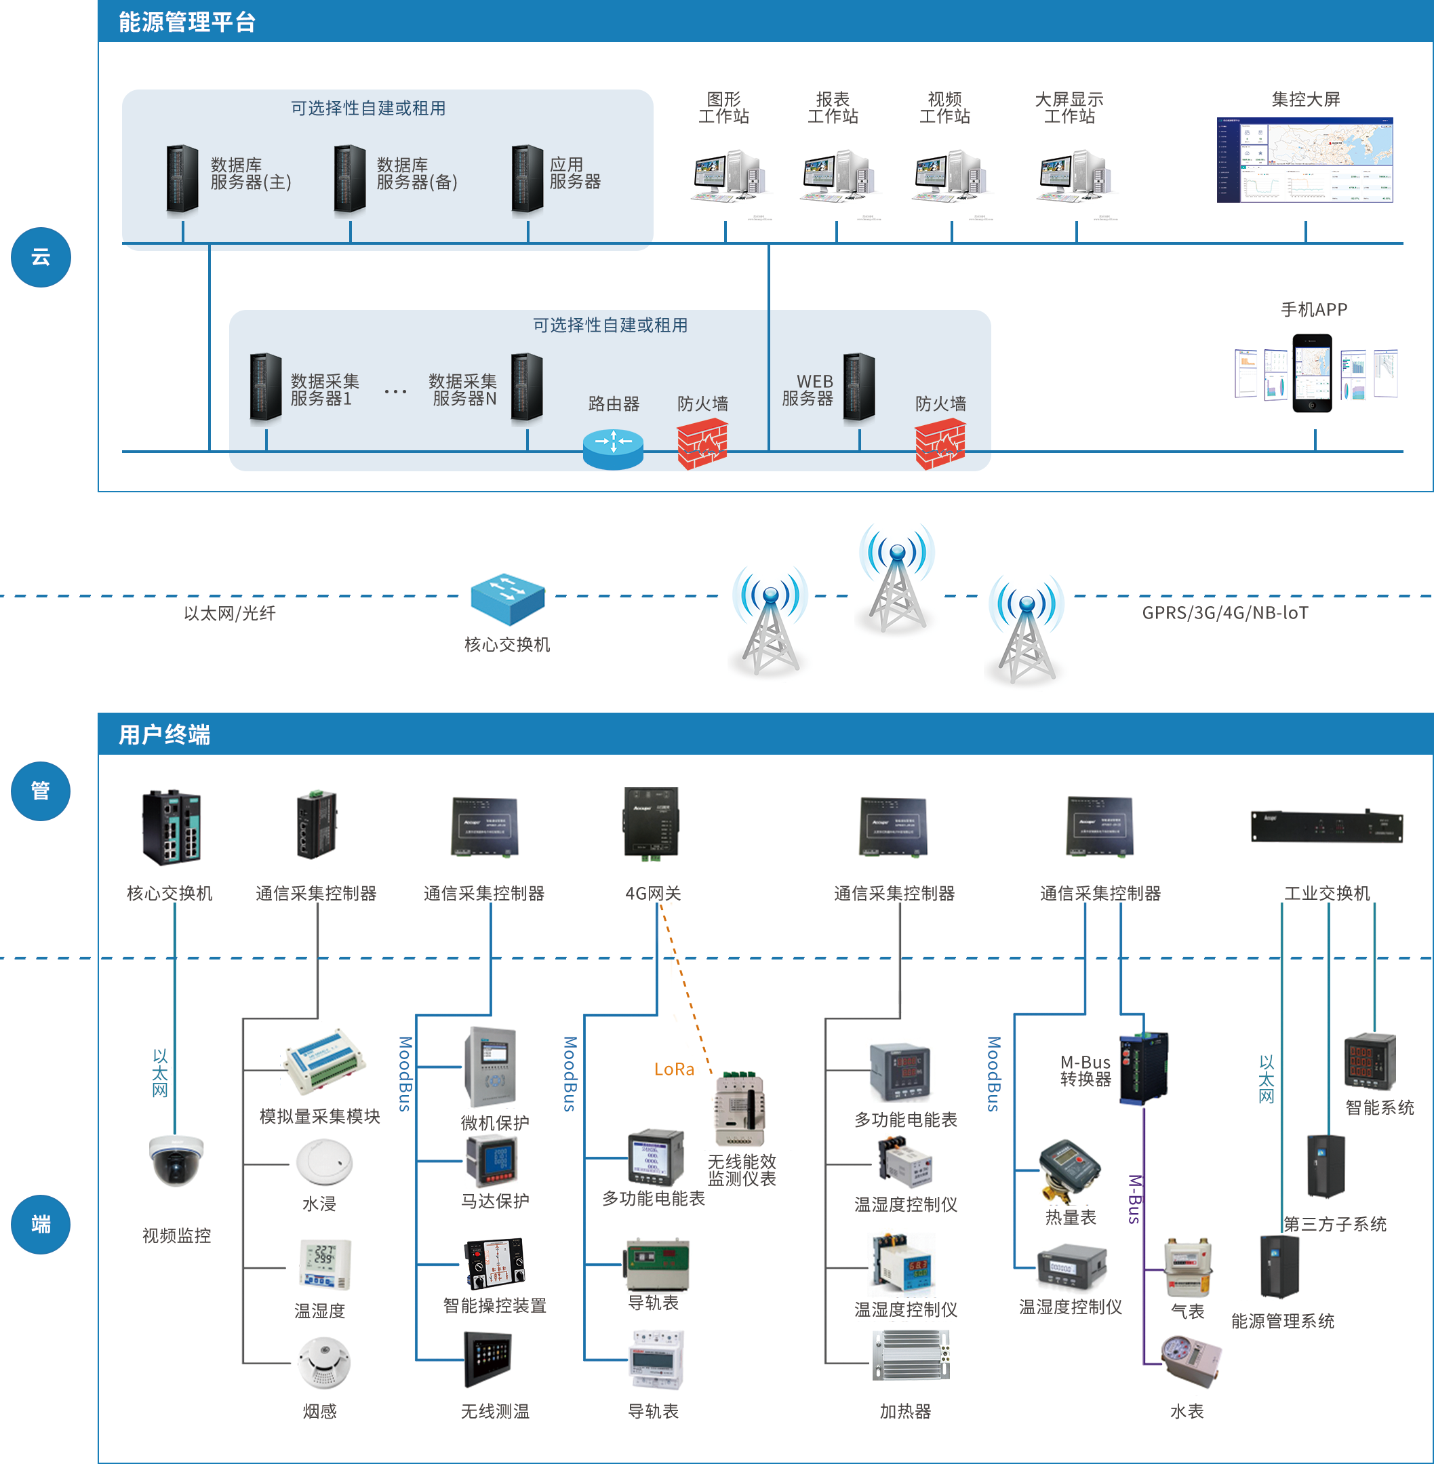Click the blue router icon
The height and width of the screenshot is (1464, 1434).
(613, 449)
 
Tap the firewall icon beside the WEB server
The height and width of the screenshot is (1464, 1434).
(939, 444)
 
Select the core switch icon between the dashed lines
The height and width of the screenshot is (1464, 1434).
(508, 599)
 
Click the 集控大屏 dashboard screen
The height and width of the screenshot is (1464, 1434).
(1304, 159)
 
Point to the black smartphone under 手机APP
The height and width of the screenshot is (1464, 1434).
(1312, 374)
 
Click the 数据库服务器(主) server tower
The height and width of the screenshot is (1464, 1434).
(182, 179)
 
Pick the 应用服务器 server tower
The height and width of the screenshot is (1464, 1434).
(527, 179)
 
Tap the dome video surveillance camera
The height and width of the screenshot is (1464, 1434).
(176, 1160)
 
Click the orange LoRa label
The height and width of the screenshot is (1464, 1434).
(674, 1069)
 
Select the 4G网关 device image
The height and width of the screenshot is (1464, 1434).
(652, 823)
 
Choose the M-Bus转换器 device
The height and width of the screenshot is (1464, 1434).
(1142, 1068)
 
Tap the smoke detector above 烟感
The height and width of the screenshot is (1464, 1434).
(324, 1362)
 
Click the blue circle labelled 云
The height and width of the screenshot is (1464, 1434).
(41, 258)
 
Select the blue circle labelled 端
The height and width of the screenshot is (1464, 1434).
(41, 1225)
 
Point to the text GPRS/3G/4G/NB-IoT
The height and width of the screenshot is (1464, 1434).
(1224, 613)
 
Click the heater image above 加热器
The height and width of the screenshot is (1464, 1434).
(911, 1356)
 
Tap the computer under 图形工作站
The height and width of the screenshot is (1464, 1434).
(727, 176)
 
